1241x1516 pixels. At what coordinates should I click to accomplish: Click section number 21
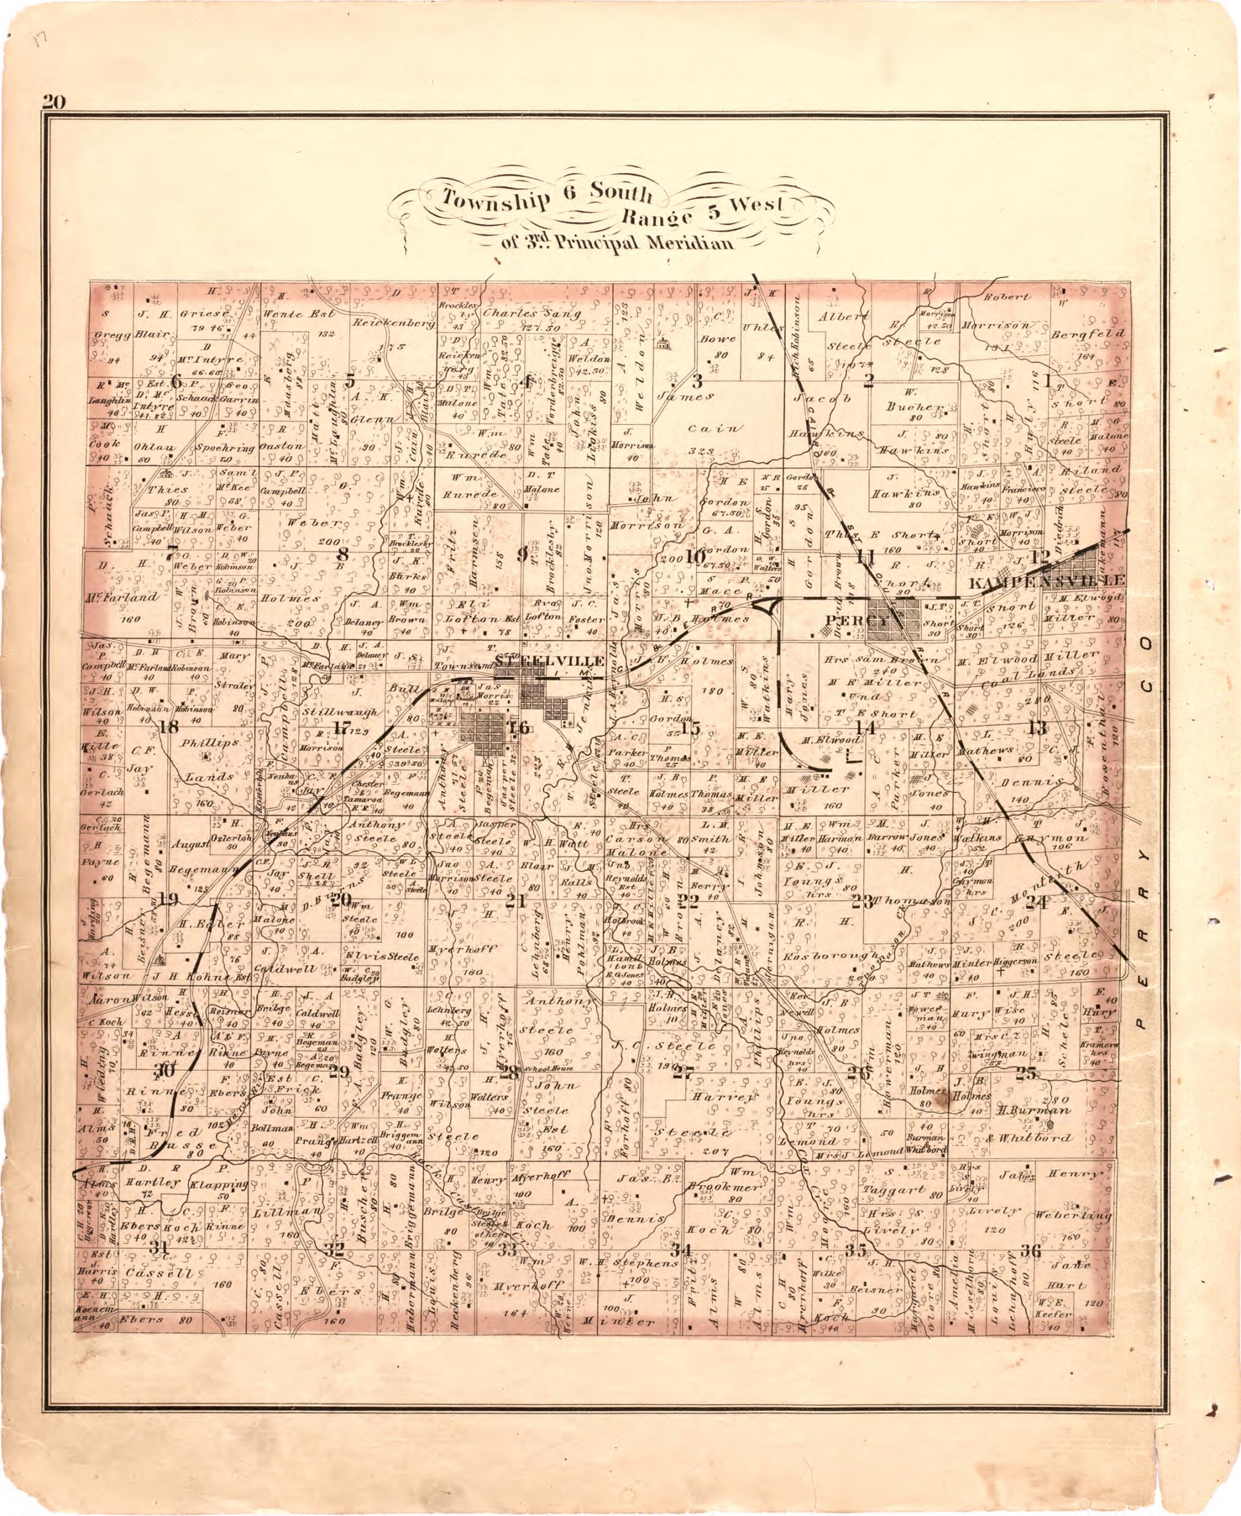coord(515,902)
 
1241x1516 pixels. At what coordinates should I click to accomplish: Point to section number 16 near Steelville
coord(518,728)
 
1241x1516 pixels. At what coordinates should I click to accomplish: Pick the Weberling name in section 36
coord(1080,1214)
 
